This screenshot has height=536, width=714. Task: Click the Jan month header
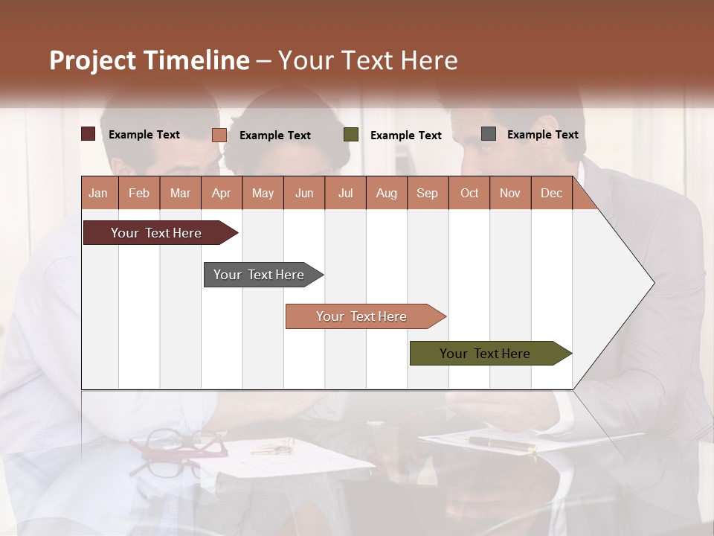(x=98, y=193)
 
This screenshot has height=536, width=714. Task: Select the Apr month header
(x=221, y=193)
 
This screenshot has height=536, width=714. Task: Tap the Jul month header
(x=345, y=193)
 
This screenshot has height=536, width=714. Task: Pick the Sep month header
(x=427, y=193)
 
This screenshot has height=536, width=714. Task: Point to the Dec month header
(x=551, y=193)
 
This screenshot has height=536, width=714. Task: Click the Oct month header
(x=469, y=193)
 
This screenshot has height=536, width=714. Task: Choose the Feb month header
(x=139, y=193)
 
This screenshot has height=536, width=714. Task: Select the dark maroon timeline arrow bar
(x=157, y=233)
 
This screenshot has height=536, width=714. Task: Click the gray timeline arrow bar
(x=260, y=275)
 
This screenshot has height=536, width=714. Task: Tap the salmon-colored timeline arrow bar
(x=362, y=316)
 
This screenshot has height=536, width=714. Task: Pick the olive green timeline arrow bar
(x=486, y=354)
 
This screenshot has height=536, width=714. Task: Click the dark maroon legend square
(x=88, y=134)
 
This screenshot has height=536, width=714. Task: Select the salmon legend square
(x=219, y=135)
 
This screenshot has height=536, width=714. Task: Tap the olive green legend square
(x=351, y=135)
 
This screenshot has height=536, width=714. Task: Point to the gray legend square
(x=489, y=134)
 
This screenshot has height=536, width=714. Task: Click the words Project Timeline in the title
(x=149, y=60)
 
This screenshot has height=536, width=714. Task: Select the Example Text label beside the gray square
(x=542, y=134)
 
